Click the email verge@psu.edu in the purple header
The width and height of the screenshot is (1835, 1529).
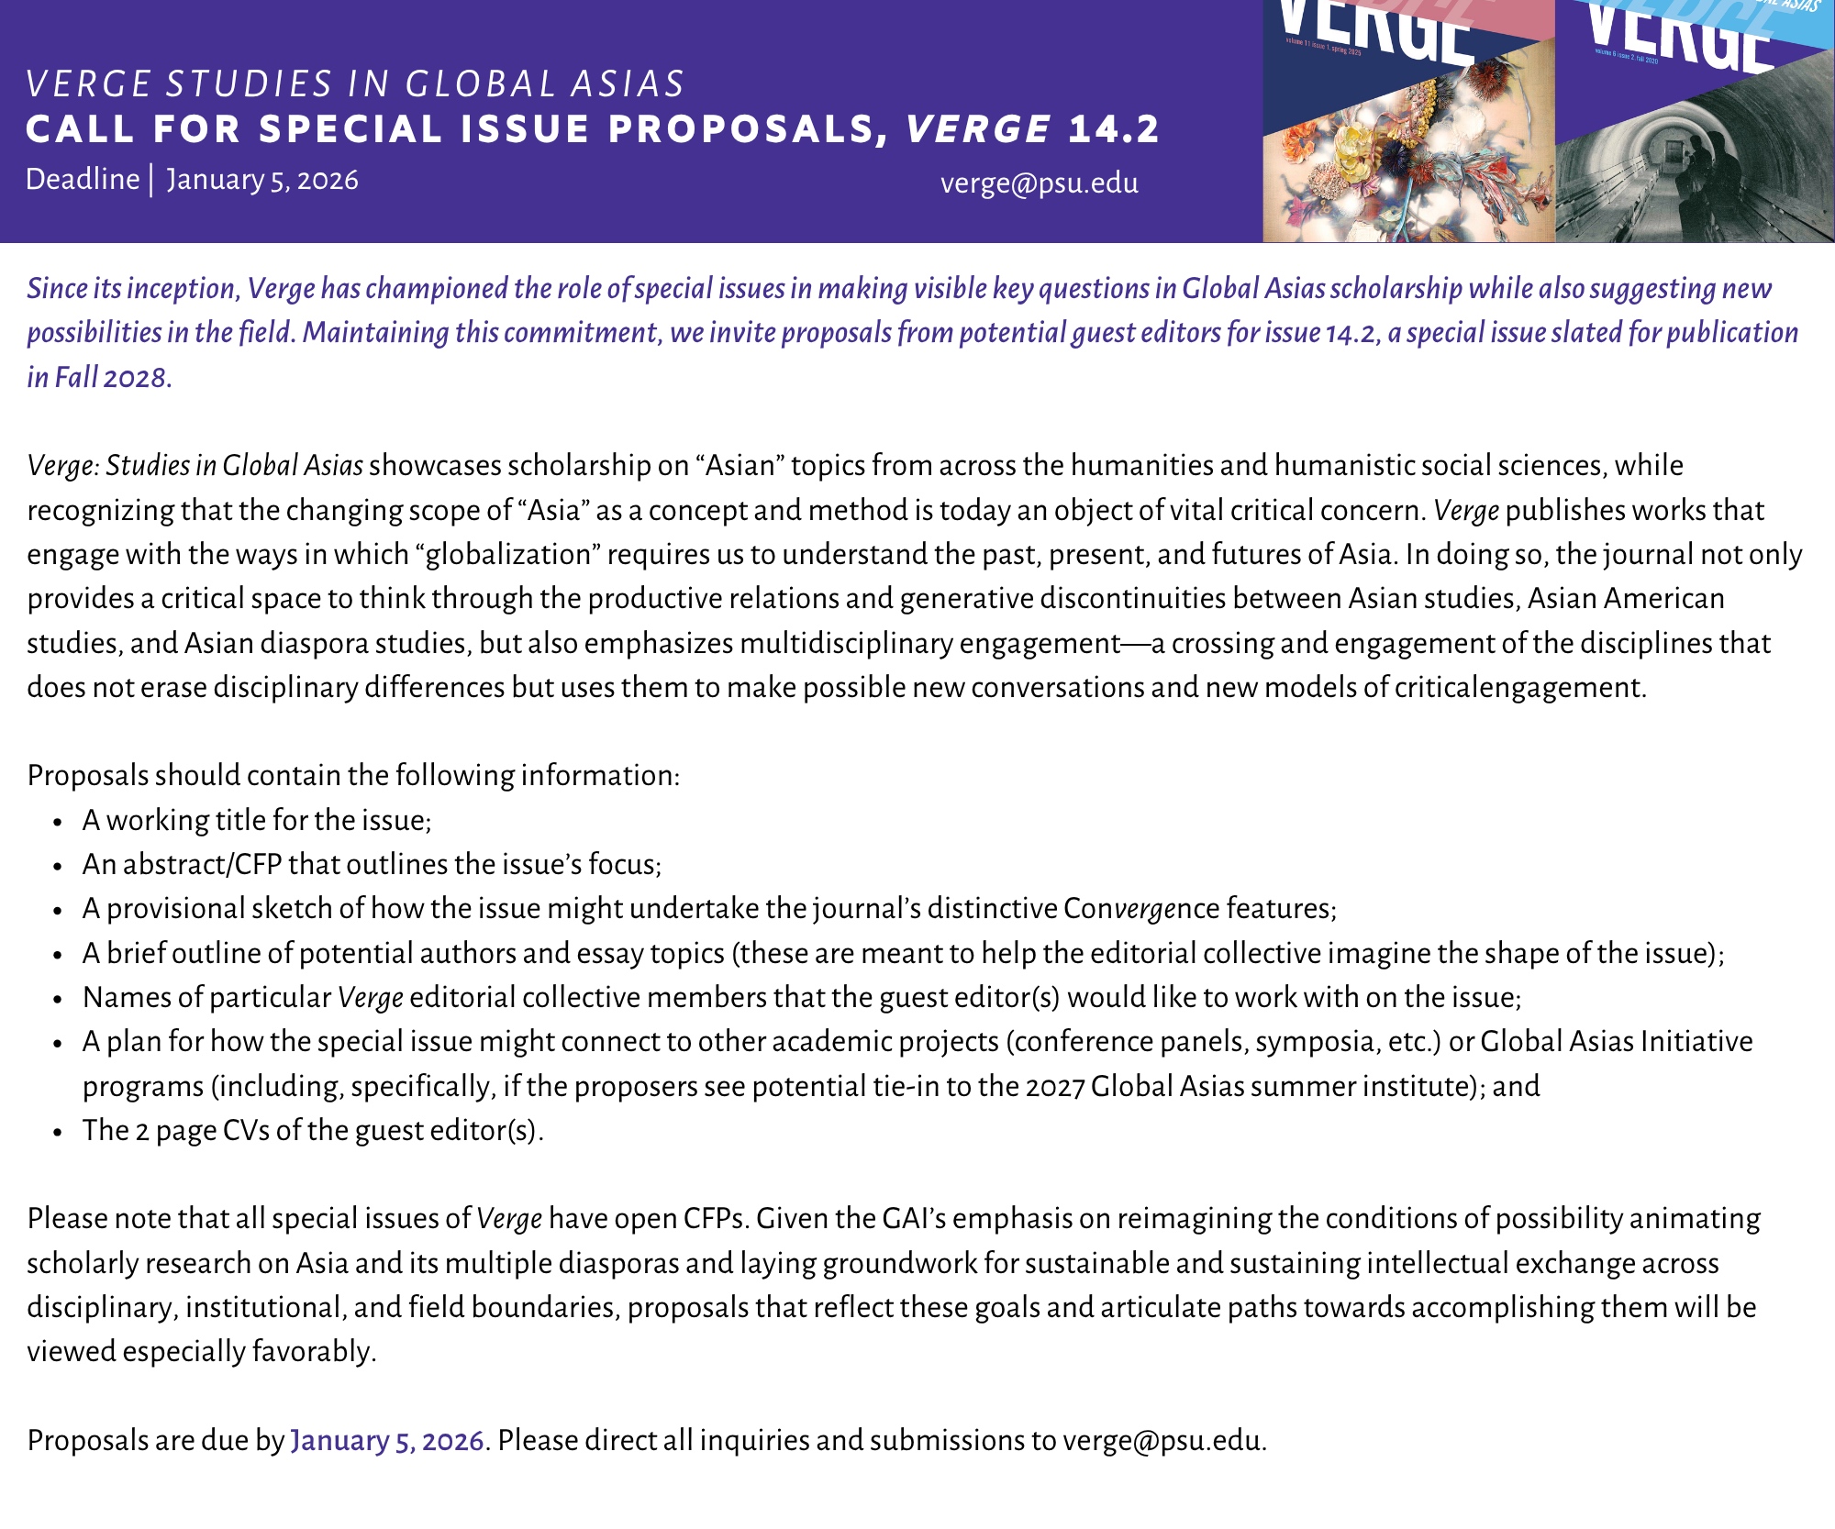click(x=1039, y=183)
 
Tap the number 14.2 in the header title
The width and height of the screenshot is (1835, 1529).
click(x=1114, y=129)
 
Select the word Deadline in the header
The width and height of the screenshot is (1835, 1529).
click(x=83, y=179)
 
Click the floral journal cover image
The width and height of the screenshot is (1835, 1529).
click(x=1408, y=156)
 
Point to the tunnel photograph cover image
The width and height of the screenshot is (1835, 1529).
click(x=1694, y=156)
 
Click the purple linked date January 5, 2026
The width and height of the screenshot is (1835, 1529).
click(x=386, y=1440)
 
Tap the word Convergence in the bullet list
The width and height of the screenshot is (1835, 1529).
click(x=1140, y=908)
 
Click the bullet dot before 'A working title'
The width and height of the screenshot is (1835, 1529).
click(x=58, y=821)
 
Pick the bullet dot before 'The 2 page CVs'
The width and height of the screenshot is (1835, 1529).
click(x=58, y=1131)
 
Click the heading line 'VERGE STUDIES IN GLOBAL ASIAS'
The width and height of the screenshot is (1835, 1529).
click(x=355, y=84)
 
